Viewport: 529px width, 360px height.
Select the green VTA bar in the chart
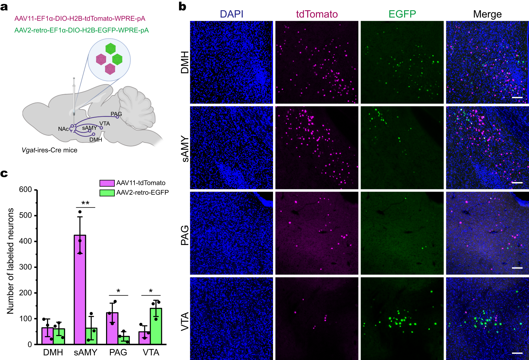156,326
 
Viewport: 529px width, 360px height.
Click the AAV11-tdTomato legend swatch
107,183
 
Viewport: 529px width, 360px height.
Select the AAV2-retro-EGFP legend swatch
107,193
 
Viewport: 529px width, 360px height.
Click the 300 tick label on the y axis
26,267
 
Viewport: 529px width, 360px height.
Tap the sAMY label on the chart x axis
85,352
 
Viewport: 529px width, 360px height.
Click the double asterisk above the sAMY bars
85,203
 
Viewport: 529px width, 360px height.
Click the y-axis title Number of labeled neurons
10,261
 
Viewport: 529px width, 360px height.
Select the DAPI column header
231,14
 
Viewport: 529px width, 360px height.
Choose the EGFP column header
402,14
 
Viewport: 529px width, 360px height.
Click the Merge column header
487,14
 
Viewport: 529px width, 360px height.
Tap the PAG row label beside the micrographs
185,235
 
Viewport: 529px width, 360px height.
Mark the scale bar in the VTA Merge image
517,353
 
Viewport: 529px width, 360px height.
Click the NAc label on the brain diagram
63,129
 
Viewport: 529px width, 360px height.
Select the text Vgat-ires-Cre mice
50,150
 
